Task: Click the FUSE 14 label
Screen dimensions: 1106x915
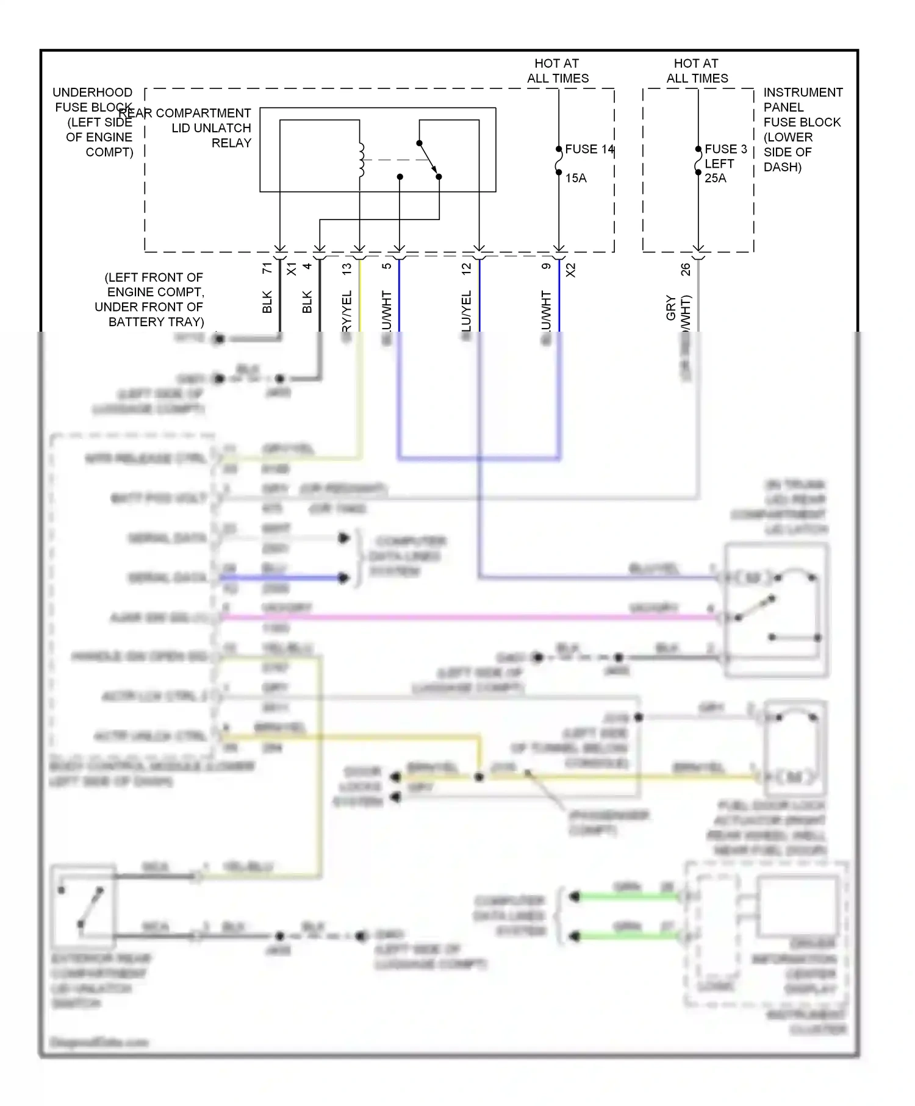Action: pyautogui.click(x=589, y=149)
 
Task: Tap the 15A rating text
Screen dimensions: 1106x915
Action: pyautogui.click(x=575, y=178)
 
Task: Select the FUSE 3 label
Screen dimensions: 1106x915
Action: pyautogui.click(x=725, y=149)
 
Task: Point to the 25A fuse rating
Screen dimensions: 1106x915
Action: pyautogui.click(x=715, y=178)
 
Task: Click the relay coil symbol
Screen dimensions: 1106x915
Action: pyautogui.click(x=361, y=160)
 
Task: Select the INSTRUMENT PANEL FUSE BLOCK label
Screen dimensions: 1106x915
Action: pyautogui.click(x=802, y=129)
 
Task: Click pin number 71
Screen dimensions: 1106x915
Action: pyautogui.click(x=267, y=268)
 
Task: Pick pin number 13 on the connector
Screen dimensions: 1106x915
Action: pyautogui.click(x=347, y=268)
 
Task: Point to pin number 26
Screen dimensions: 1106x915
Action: pyautogui.click(x=686, y=269)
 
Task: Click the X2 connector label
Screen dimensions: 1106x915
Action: pyautogui.click(x=571, y=270)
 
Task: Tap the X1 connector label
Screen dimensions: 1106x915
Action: pyautogui.click(x=292, y=269)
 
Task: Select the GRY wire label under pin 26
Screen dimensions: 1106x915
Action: pyautogui.click(x=671, y=308)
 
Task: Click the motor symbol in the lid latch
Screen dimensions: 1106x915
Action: pyautogui.click(x=753, y=577)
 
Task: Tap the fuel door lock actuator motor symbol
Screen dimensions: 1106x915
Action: pyautogui.click(x=794, y=777)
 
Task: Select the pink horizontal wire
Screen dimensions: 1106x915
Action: pyautogui.click(x=464, y=618)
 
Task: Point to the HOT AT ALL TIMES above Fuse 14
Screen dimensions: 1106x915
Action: pyautogui.click(x=558, y=71)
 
